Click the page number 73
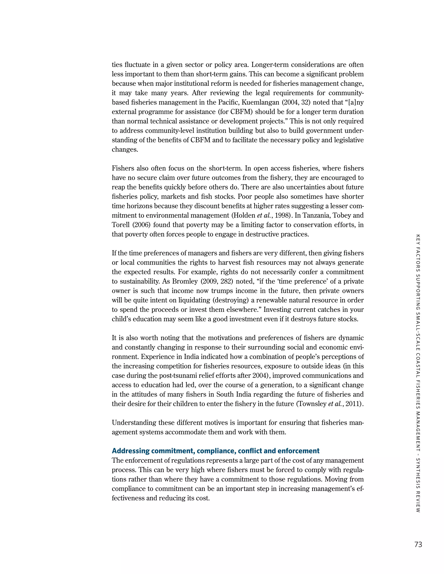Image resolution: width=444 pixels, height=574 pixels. click(x=418, y=544)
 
